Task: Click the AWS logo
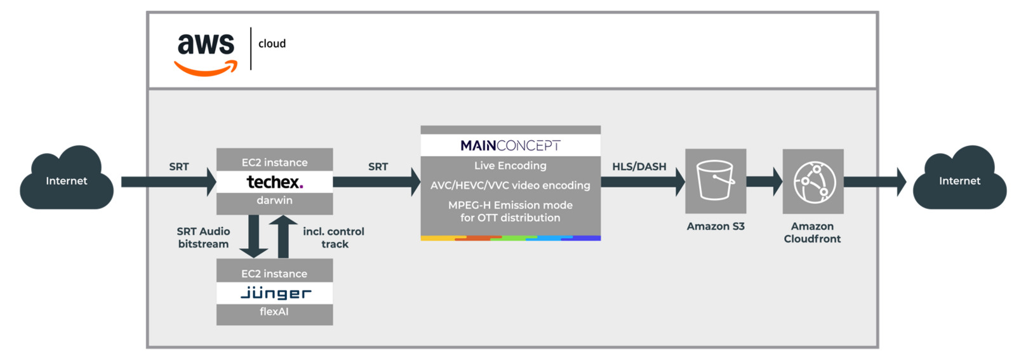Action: pos(206,52)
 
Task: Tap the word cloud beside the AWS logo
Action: pos(272,44)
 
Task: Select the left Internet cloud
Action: pos(67,180)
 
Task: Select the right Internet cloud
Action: pos(959,180)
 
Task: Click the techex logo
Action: pos(274,182)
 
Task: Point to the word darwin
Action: pos(274,201)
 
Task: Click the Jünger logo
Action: pos(276,293)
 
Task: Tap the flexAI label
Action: pos(274,312)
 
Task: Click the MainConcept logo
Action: pos(510,145)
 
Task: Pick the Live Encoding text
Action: pos(510,166)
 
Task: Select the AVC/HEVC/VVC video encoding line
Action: pos(510,185)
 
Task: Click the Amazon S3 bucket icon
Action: pos(716,180)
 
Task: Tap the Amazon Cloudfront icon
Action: pos(813,182)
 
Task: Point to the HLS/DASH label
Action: pos(639,166)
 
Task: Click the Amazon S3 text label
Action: pos(716,227)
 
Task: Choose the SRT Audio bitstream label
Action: pos(203,237)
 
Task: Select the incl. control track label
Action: pos(334,237)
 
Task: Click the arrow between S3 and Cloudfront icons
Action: pos(764,182)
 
